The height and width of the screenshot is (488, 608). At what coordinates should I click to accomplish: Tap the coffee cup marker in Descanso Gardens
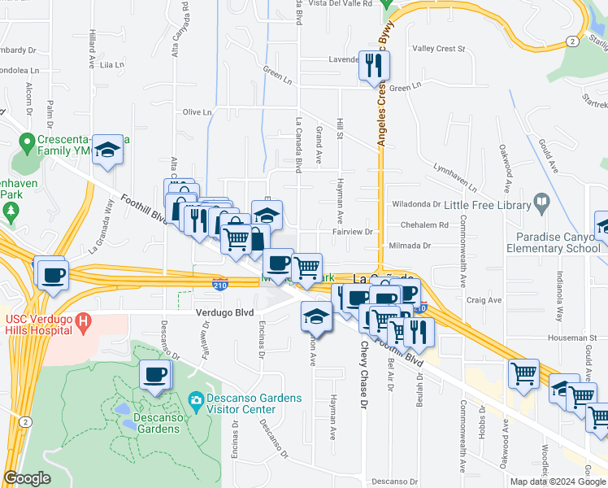154,376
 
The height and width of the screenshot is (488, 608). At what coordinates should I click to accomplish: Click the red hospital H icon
82,324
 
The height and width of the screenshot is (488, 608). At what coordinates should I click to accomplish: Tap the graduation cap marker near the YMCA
107,150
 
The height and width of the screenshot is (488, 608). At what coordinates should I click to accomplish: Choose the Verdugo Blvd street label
224,312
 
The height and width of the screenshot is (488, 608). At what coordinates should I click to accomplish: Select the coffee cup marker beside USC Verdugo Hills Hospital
54,274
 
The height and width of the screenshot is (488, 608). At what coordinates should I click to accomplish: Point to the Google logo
26,478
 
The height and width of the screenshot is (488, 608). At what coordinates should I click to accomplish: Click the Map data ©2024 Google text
557,481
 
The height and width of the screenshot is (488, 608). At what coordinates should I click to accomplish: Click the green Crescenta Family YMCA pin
26,141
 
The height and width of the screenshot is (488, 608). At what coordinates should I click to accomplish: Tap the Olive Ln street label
198,112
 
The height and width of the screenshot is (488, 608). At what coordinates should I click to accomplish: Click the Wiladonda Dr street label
415,205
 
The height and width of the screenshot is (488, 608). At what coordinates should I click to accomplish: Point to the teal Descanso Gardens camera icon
195,400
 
